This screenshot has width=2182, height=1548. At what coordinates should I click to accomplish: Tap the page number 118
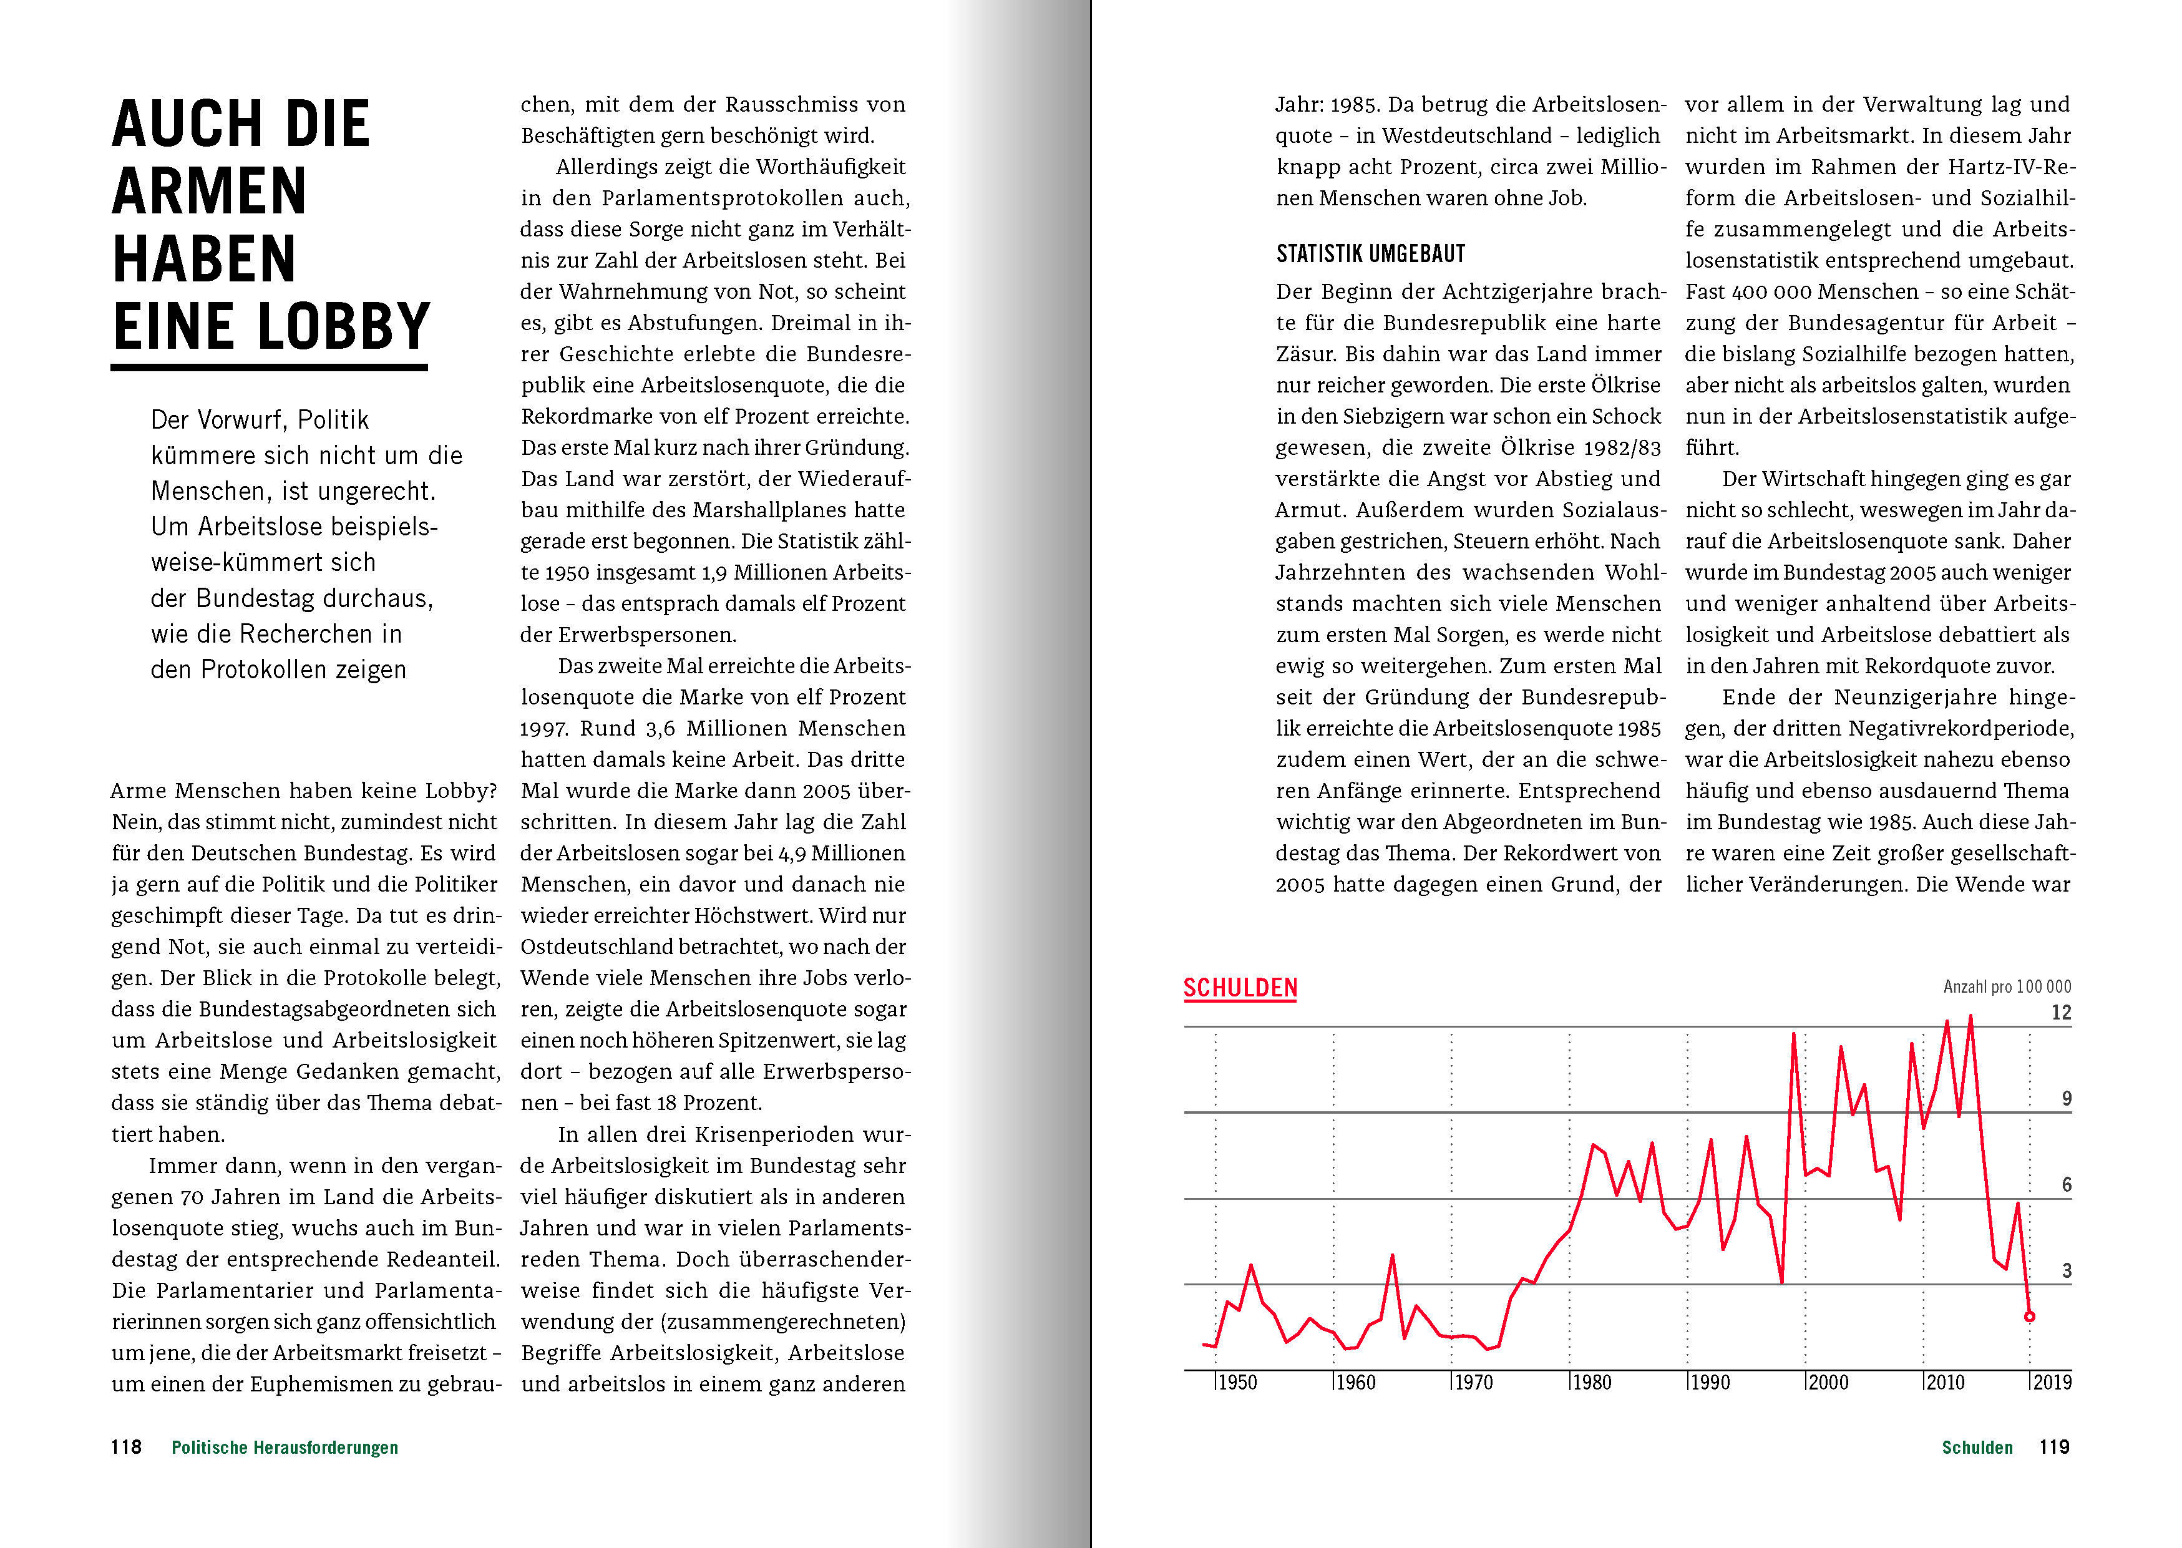(126, 1447)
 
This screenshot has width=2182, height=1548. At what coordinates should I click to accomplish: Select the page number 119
(2054, 1447)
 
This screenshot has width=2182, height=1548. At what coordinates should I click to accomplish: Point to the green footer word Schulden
(1977, 1448)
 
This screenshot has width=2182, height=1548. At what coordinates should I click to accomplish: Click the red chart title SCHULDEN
(1240, 988)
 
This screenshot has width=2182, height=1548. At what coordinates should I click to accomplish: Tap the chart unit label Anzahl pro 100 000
(2007, 986)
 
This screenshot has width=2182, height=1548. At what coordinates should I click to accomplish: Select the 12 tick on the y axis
(2061, 1013)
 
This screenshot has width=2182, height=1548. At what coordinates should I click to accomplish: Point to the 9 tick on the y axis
(2067, 1099)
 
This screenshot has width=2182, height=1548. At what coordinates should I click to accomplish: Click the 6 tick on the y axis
(2067, 1185)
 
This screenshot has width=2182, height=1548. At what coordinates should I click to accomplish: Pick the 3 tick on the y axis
(2067, 1270)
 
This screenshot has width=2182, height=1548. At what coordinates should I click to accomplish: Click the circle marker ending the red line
(2030, 1317)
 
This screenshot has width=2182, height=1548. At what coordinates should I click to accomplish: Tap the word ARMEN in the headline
(210, 192)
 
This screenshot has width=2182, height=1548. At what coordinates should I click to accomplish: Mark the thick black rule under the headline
(269, 367)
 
